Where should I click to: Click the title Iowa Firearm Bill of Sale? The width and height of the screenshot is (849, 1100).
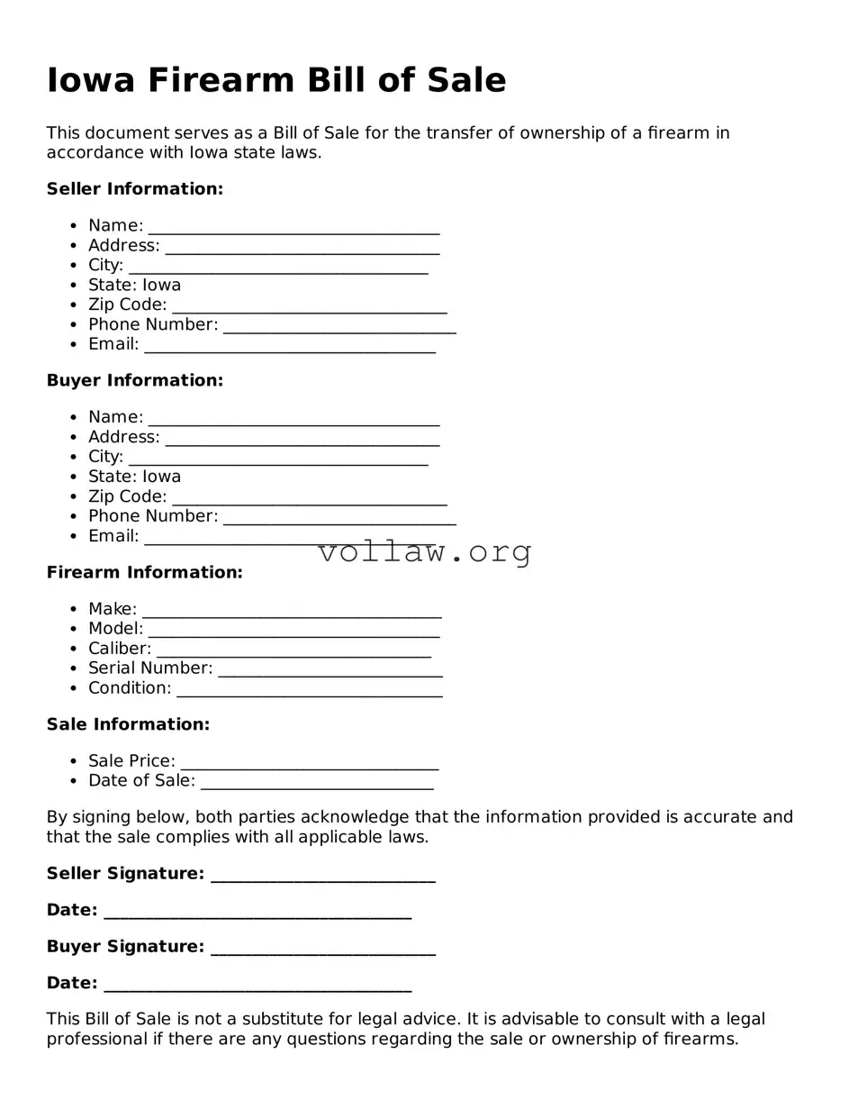click(276, 80)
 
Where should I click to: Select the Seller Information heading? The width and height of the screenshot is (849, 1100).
click(135, 189)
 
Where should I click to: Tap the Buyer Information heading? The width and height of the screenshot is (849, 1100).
click(135, 381)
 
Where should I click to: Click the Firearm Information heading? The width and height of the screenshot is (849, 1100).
click(145, 573)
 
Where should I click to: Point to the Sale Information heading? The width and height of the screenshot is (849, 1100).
click(128, 724)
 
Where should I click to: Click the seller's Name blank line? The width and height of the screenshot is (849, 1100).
click(294, 227)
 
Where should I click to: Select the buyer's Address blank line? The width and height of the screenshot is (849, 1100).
click(303, 439)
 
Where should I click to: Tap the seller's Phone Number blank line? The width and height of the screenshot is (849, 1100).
click(339, 326)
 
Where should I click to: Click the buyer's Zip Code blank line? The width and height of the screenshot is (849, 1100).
click(309, 498)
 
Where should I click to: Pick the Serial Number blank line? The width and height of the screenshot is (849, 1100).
click(330, 670)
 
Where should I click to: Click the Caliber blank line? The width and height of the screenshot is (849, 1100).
click(294, 650)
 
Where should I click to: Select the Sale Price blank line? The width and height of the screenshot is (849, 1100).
click(309, 763)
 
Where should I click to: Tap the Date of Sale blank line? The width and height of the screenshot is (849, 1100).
click(317, 783)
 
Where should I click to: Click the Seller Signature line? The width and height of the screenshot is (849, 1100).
click(322, 876)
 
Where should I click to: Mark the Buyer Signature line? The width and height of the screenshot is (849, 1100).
click(322, 949)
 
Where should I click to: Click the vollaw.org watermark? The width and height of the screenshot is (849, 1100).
click(425, 551)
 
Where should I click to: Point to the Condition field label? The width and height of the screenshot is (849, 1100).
click(130, 688)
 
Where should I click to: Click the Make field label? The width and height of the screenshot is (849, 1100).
click(113, 609)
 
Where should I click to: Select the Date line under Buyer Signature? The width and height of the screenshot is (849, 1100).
click(257, 985)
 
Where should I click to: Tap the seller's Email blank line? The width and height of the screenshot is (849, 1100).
click(289, 346)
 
